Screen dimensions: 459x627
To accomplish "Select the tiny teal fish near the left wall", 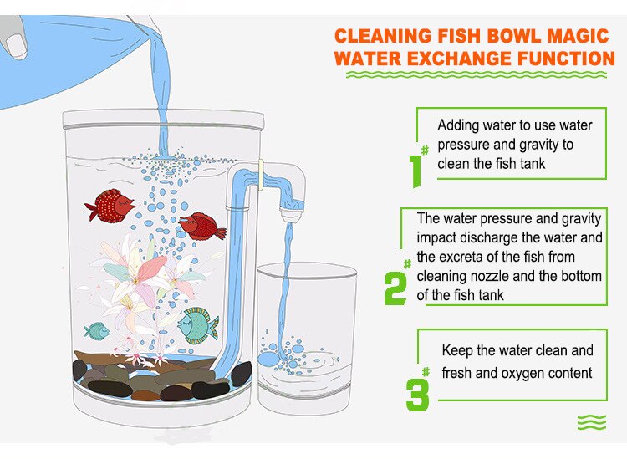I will coord(98,330).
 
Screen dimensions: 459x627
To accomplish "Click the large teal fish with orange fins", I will coord(199,323).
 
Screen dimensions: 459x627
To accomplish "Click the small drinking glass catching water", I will coord(306,334).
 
